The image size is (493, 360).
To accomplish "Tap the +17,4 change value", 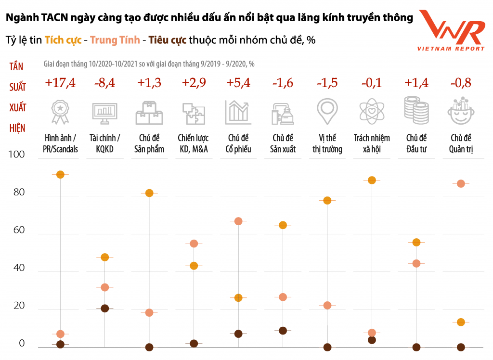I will click(x=60, y=83).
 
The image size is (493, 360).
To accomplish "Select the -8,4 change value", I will click(x=104, y=83).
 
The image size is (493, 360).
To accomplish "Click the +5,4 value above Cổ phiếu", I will click(x=238, y=83).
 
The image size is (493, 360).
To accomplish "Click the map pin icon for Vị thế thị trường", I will click(x=327, y=111).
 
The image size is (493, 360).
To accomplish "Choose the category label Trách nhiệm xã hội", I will click(x=371, y=143).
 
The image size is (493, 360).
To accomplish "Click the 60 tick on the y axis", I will click(x=18, y=231).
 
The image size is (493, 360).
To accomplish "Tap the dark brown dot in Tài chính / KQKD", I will click(x=104, y=309).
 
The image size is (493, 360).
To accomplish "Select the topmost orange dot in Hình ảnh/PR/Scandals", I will click(x=60, y=175).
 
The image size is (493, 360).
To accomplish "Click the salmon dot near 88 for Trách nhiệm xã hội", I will click(x=371, y=180).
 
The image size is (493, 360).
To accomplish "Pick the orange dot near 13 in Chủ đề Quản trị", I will click(x=460, y=322).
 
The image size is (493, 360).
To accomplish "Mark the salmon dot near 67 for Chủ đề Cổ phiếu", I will click(x=238, y=221).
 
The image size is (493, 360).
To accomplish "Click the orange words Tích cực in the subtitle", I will click(x=63, y=40).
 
